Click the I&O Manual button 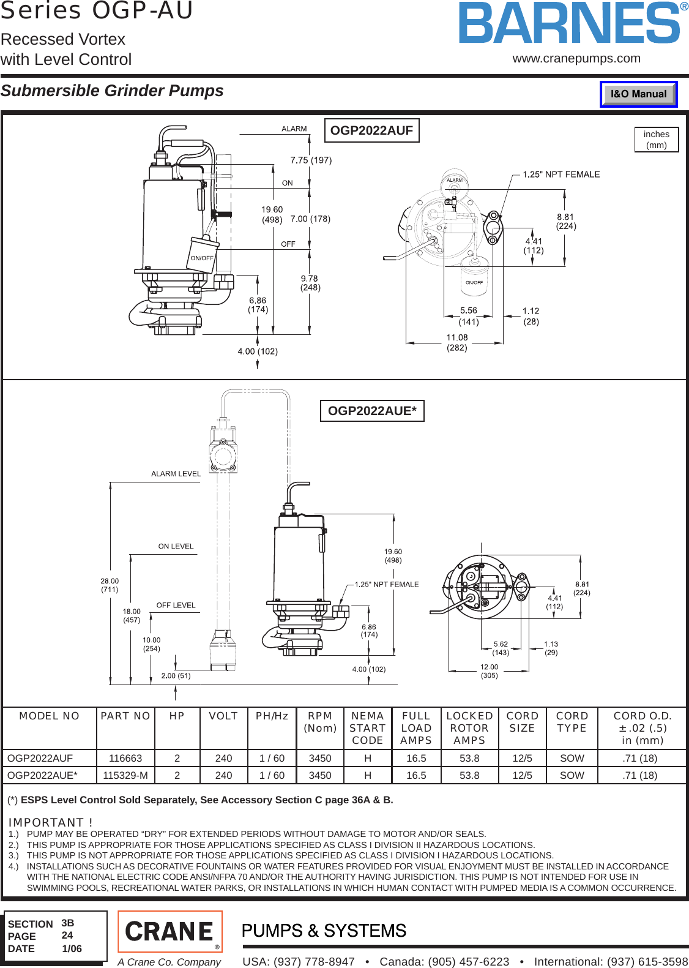click(638, 94)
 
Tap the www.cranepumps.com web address click(576, 59)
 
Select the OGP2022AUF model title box click(371, 130)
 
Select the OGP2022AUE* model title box click(372, 411)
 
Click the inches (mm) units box click(657, 140)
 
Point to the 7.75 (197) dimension click(311, 160)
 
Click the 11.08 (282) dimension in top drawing click(457, 342)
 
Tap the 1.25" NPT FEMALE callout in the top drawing click(561, 174)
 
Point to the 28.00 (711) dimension click(110, 585)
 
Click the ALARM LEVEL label click(176, 474)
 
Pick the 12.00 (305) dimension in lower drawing click(489, 671)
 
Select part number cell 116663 click(125, 758)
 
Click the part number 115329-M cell click(125, 775)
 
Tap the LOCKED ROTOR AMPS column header click(469, 728)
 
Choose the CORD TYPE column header click(572, 722)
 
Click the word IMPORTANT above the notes click(46, 822)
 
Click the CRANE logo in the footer click(169, 931)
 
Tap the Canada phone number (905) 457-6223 click(444, 961)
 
